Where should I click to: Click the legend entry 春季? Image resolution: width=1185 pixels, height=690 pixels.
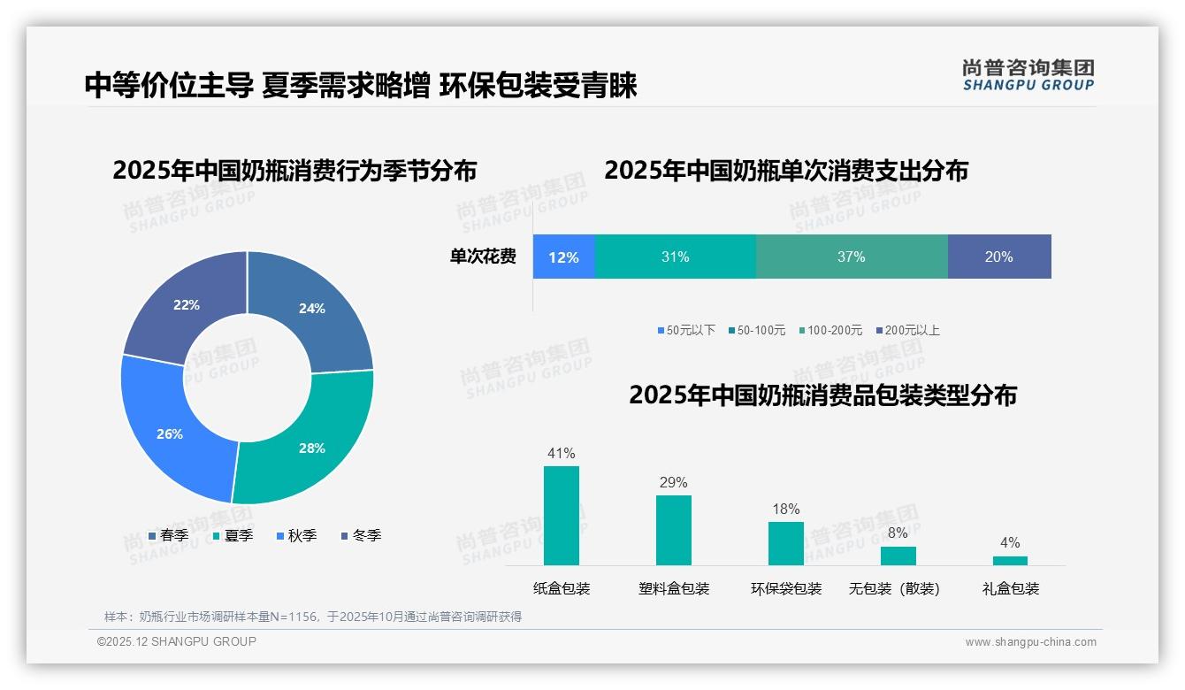point(168,535)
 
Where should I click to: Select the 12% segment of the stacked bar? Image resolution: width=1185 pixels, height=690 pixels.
point(563,257)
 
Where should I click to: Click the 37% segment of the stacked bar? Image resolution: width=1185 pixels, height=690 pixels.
point(851,257)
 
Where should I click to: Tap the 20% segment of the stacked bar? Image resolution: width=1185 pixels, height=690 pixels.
point(998,257)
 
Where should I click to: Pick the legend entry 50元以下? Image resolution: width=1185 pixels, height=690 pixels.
point(686,330)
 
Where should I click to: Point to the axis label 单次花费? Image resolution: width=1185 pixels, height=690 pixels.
point(483,257)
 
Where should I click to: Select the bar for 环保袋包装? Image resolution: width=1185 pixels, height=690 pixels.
point(785,543)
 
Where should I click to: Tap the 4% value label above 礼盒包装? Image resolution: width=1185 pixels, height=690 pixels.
point(1010,542)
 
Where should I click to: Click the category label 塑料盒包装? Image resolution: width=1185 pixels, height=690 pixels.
point(674,588)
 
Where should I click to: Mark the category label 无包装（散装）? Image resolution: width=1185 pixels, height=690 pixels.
point(894,588)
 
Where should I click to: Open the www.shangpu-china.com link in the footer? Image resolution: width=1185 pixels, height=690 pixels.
point(1030,641)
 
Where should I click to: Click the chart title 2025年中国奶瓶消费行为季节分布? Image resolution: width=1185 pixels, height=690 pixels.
point(294,170)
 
